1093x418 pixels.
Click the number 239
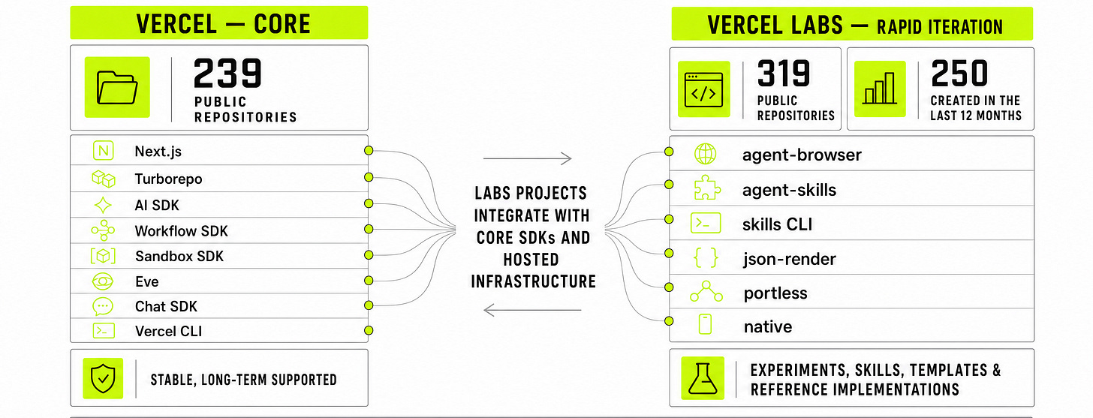(227, 73)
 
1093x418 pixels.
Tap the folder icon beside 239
(117, 87)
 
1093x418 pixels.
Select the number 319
(784, 73)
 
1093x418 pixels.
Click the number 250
(959, 73)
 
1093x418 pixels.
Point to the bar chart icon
(880, 89)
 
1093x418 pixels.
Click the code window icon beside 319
(703, 89)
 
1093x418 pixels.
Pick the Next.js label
(158, 152)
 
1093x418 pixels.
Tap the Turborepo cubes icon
(104, 179)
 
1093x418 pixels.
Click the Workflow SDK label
(181, 230)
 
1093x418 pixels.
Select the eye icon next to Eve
(102, 281)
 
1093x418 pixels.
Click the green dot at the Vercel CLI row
(369, 330)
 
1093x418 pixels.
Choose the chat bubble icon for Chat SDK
(102, 306)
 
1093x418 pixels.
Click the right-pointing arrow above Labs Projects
(527, 158)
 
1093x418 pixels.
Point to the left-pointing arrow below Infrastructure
(531, 310)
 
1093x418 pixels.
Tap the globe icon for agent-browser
(705, 154)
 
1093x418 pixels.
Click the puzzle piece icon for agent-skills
(707, 188)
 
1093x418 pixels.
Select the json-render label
(789, 259)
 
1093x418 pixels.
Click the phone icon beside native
(705, 324)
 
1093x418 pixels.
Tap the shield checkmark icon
(103, 378)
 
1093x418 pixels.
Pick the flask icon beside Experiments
(703, 378)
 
